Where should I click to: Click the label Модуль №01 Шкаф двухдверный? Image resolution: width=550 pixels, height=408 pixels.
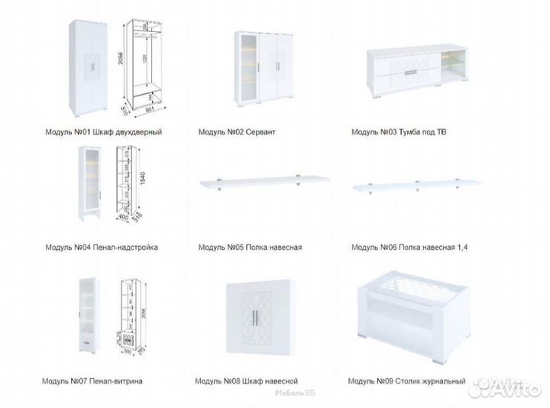(103, 132)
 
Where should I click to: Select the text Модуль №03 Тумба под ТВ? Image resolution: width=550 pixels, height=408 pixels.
(399, 132)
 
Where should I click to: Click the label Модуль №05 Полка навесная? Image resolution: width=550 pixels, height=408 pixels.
(250, 247)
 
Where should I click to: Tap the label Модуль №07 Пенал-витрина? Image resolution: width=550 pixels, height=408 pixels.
(94, 380)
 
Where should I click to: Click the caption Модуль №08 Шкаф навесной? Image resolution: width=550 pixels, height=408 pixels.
(246, 380)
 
